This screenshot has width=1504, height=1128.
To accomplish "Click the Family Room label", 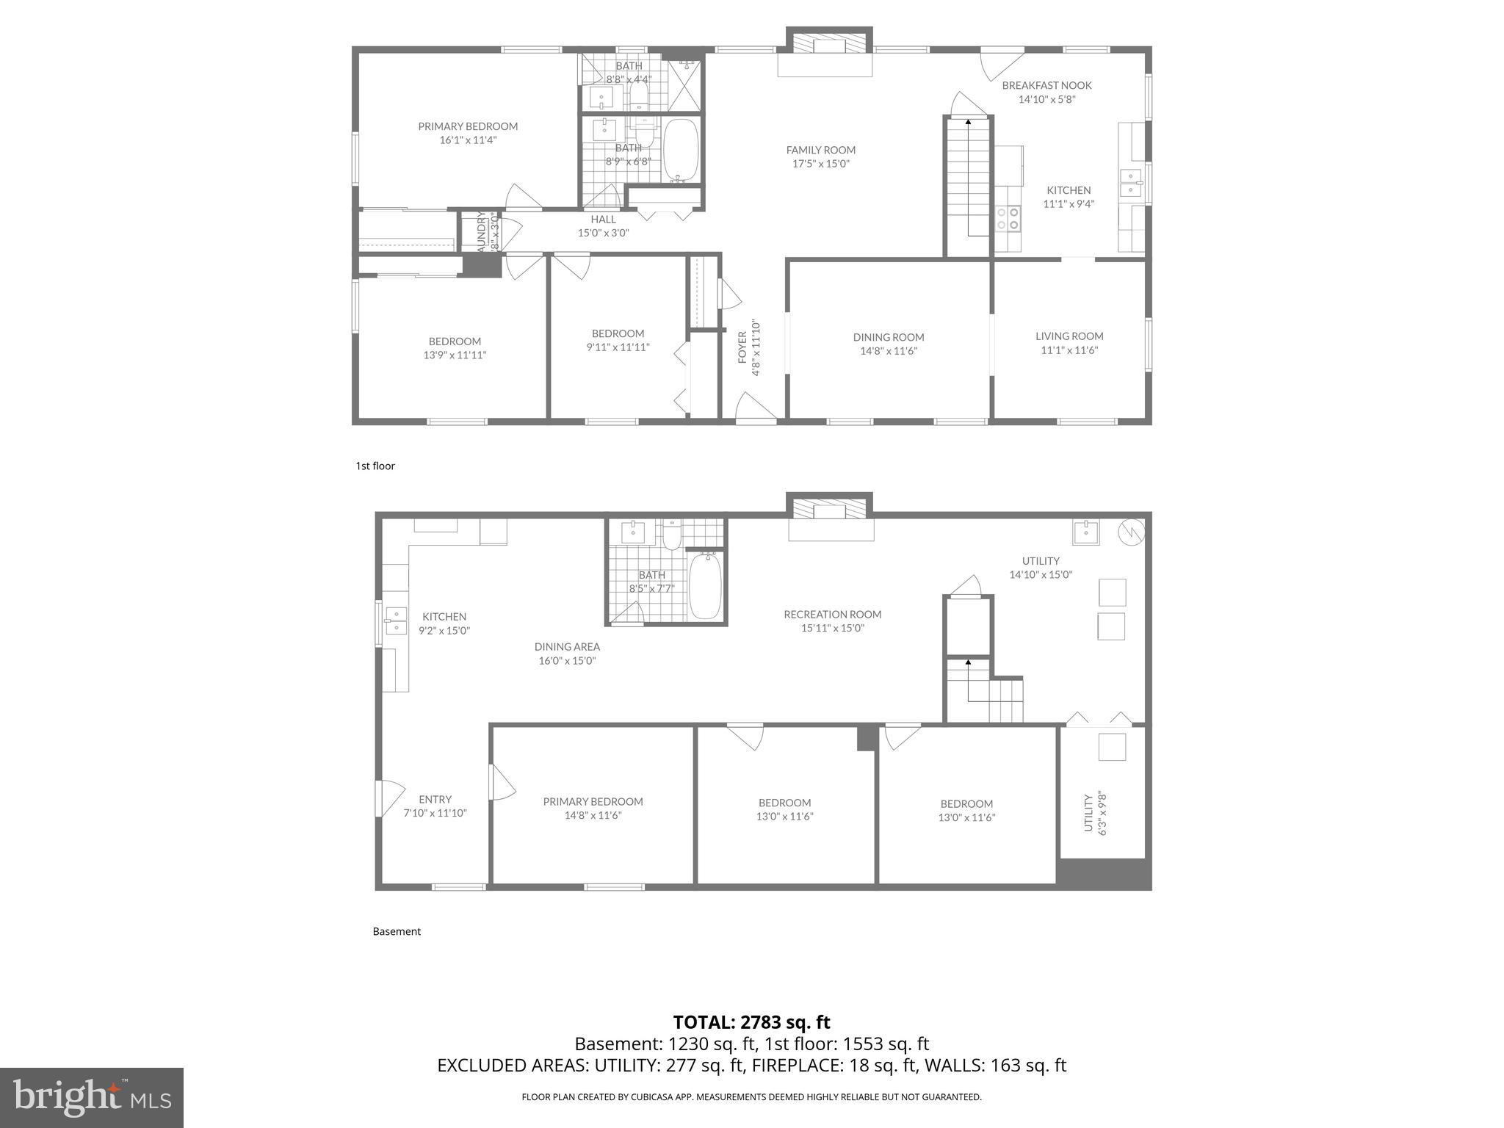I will [x=820, y=150].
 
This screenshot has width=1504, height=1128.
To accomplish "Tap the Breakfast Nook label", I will [x=1046, y=85].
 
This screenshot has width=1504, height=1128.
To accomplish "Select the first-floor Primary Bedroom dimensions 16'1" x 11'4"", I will [x=468, y=140].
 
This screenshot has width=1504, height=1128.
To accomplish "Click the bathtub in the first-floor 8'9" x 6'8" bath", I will [x=681, y=151].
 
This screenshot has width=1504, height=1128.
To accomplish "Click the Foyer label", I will [x=742, y=347].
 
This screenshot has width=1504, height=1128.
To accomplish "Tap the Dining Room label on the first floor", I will [x=888, y=337].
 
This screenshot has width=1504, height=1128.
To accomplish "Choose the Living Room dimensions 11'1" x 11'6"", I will [x=1069, y=350].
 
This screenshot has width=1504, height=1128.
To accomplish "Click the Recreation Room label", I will [x=832, y=614].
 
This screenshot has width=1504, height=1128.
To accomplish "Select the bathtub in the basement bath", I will [x=705, y=586].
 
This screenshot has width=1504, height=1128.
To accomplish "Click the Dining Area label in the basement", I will [x=567, y=647].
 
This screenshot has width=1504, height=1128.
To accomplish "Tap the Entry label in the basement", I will [x=435, y=799].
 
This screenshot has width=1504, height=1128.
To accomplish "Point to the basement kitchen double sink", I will [x=396, y=621].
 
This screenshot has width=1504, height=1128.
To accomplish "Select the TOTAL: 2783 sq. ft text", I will [x=751, y=1022].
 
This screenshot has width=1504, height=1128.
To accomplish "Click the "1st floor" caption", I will [x=375, y=466].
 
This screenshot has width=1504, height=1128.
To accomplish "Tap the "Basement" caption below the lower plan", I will [x=397, y=931].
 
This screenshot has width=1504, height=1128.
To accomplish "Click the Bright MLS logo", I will [x=91, y=1097].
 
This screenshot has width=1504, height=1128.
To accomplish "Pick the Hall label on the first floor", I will [x=603, y=219].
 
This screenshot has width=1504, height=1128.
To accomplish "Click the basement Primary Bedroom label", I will [x=593, y=801].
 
